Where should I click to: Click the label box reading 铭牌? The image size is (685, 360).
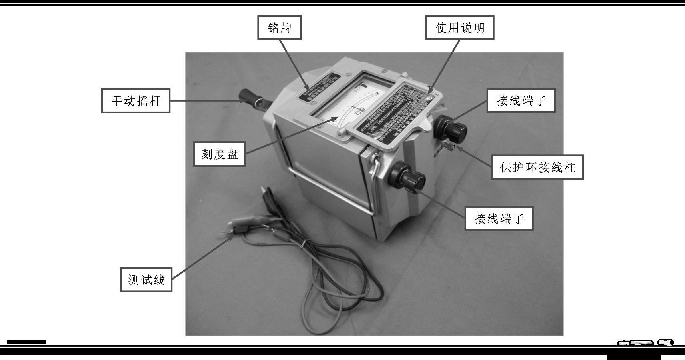(x=279, y=28)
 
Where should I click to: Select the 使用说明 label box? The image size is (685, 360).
(x=459, y=28)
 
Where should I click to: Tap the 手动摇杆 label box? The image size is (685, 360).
(x=136, y=100)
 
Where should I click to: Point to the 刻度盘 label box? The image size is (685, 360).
(x=219, y=154)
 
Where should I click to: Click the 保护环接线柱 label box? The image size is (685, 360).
(x=537, y=167)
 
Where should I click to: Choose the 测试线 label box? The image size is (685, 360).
(x=146, y=280)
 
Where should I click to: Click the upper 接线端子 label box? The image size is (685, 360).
(x=521, y=100)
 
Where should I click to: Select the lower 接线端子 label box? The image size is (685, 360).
(x=499, y=218)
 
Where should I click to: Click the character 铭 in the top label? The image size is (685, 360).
(x=273, y=28)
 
